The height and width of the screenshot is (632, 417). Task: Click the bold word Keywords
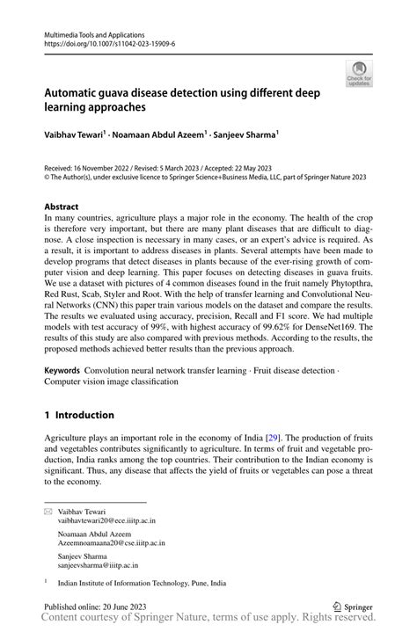(x=68, y=372)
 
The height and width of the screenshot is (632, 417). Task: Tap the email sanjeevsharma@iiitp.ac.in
(x=99, y=564)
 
